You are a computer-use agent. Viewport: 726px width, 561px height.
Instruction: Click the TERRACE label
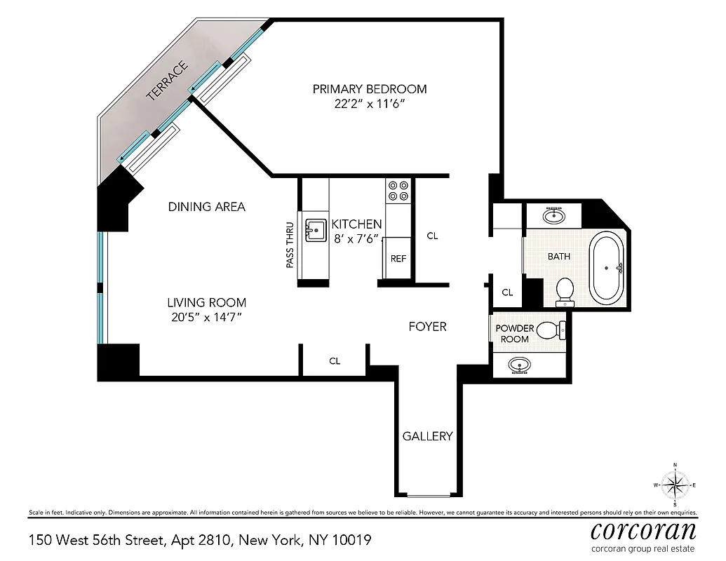168,82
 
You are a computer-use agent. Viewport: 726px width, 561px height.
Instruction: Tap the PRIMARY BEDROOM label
369,89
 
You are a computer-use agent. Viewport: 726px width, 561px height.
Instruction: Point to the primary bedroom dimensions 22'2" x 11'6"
369,104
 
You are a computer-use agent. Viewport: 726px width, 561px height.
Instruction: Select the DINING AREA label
206,207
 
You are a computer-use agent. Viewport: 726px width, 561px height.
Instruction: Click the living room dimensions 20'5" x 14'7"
206,318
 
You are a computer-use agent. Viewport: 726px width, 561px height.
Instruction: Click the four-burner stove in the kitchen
398,191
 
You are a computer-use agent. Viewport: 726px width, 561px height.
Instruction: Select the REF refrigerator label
398,258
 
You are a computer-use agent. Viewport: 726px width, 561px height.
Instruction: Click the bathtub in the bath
607,267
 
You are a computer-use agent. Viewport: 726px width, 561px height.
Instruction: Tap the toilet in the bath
565,292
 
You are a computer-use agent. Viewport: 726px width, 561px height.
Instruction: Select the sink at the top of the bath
556,215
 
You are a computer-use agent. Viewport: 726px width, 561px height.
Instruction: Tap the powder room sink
520,365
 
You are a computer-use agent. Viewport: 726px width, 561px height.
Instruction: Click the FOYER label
427,327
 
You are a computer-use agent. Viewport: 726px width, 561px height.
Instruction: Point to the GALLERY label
427,436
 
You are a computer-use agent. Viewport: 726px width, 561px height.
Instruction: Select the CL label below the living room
335,361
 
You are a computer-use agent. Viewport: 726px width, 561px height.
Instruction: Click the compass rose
674,485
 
